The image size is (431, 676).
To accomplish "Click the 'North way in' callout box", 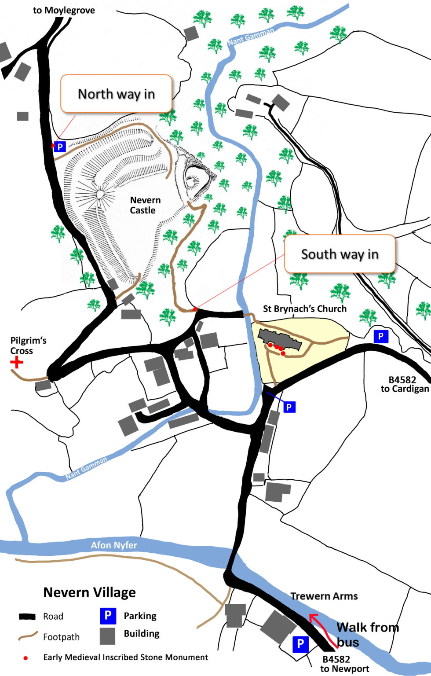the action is coord(116,94).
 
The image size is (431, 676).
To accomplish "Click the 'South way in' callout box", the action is coord(340,254).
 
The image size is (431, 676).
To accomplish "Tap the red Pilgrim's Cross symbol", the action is coord(17,362).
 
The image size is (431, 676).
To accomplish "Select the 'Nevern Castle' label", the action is coord(145,205).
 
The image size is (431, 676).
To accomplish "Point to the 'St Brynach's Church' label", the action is coord(304,309).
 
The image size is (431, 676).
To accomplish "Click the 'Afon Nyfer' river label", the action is coord(114,545).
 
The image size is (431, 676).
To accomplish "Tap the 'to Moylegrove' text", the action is coord(64,10).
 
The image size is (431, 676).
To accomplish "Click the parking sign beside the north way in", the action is coord(60,147).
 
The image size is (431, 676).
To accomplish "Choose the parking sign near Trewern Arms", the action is coord(300,644).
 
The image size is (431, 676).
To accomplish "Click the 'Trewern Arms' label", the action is coord(324,596).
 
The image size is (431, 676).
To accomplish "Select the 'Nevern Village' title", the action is coord(89,592).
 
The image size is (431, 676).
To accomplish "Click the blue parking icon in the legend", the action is coord(108,616).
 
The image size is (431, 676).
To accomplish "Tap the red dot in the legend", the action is coord(26,658).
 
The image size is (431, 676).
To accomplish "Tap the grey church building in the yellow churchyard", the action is coord(279,339).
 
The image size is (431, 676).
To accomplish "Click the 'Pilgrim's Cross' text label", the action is coord(28,345).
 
